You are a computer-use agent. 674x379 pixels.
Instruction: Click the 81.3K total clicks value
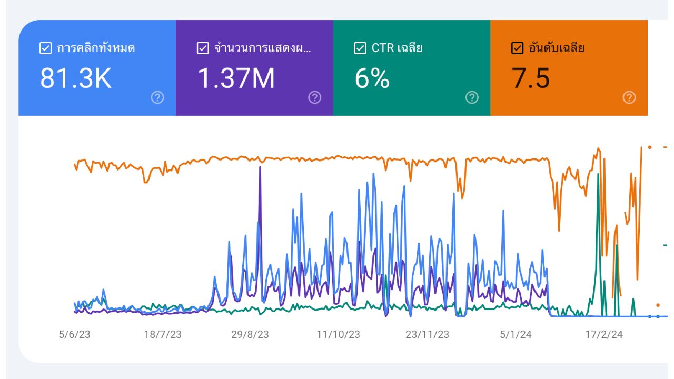pyautogui.click(x=76, y=78)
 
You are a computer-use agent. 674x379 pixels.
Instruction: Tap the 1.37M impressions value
pyautogui.click(x=236, y=78)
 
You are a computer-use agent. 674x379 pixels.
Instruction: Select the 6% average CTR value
pyautogui.click(x=372, y=78)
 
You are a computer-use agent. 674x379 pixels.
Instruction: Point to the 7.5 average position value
pyautogui.click(x=531, y=78)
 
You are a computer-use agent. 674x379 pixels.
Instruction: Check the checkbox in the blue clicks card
pyautogui.click(x=45, y=48)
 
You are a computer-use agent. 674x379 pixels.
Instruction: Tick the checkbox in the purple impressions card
pyautogui.click(x=203, y=48)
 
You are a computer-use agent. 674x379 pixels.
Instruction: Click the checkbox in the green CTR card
pyautogui.click(x=360, y=48)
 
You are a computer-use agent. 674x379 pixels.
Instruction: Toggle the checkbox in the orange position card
pyautogui.click(x=517, y=48)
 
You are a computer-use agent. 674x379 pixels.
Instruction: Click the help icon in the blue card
pyautogui.click(x=157, y=97)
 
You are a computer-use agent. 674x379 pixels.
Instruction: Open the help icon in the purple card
pyautogui.click(x=314, y=97)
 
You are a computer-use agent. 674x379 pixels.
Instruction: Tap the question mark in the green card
pyautogui.click(x=472, y=97)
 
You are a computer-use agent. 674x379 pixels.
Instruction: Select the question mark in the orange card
pyautogui.click(x=629, y=97)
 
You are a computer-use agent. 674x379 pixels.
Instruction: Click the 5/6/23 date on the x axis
pyautogui.click(x=74, y=335)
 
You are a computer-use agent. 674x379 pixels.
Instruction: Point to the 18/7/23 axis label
pyautogui.click(x=163, y=335)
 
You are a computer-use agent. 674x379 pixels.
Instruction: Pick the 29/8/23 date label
pyautogui.click(x=250, y=335)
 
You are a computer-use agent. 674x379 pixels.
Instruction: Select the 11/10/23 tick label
pyautogui.click(x=338, y=335)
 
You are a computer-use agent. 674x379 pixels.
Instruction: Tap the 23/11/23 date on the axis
pyautogui.click(x=427, y=335)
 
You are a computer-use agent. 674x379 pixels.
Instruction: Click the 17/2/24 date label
pyautogui.click(x=604, y=335)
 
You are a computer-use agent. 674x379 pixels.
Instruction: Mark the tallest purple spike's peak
pyautogui.click(x=260, y=167)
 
